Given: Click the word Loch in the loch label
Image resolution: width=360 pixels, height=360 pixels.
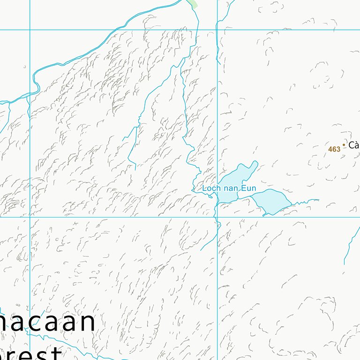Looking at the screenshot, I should (x=210, y=188).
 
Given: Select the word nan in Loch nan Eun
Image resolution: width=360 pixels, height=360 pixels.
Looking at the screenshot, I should (x=230, y=188).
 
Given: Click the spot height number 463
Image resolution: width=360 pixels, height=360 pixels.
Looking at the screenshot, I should (x=334, y=149).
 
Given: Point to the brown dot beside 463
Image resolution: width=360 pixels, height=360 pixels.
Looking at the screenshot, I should (x=344, y=145).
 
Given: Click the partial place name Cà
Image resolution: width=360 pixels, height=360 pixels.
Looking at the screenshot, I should (x=354, y=145).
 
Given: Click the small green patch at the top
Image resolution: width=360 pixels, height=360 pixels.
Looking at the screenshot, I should (x=192, y=3).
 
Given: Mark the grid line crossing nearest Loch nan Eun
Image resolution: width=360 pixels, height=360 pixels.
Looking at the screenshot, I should (x=217, y=217).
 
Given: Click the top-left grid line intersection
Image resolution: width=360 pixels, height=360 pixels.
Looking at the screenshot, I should (x=30, y=30).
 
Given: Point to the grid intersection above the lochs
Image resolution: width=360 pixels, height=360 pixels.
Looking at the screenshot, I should (x=217, y=30).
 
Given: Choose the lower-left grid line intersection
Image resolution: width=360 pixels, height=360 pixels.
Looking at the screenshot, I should (x=30, y=217).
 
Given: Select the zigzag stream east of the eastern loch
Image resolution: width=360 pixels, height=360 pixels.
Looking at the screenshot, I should (x=305, y=201).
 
